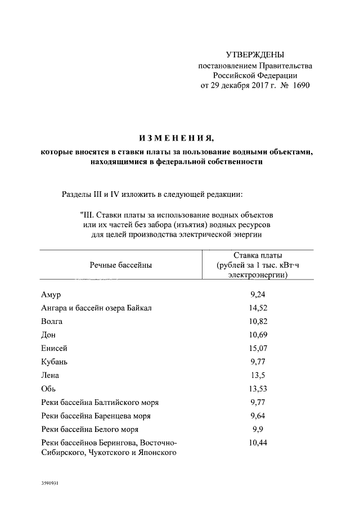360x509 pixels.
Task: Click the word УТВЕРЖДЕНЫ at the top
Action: pos(254,55)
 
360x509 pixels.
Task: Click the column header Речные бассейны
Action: pos(120,265)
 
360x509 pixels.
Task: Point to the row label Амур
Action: pos(51,295)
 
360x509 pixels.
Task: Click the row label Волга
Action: pos(52,322)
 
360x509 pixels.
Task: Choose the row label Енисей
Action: pos(55,349)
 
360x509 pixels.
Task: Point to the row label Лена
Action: pos(50,376)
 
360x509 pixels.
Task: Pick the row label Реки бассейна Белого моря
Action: pos(90,430)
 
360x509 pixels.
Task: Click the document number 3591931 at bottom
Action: pos(49,483)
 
